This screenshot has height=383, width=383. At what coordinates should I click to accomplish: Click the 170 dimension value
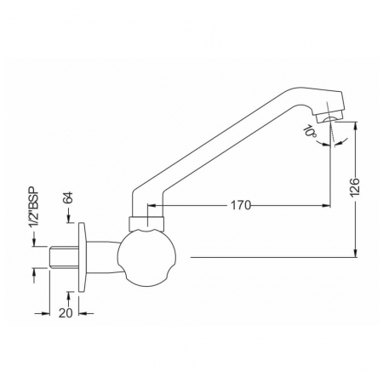(x=241, y=205)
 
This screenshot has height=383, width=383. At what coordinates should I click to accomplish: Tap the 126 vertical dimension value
(x=355, y=187)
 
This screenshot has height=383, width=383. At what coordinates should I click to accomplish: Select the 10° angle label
(x=311, y=132)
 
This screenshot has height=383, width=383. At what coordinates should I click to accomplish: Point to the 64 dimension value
(x=68, y=197)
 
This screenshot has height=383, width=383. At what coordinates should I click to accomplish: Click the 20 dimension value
(x=66, y=313)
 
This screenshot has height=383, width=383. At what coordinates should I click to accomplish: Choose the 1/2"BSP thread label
(x=34, y=207)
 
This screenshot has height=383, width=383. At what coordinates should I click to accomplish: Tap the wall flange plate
(x=82, y=257)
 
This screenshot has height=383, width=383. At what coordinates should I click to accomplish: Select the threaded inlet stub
(x=64, y=257)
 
